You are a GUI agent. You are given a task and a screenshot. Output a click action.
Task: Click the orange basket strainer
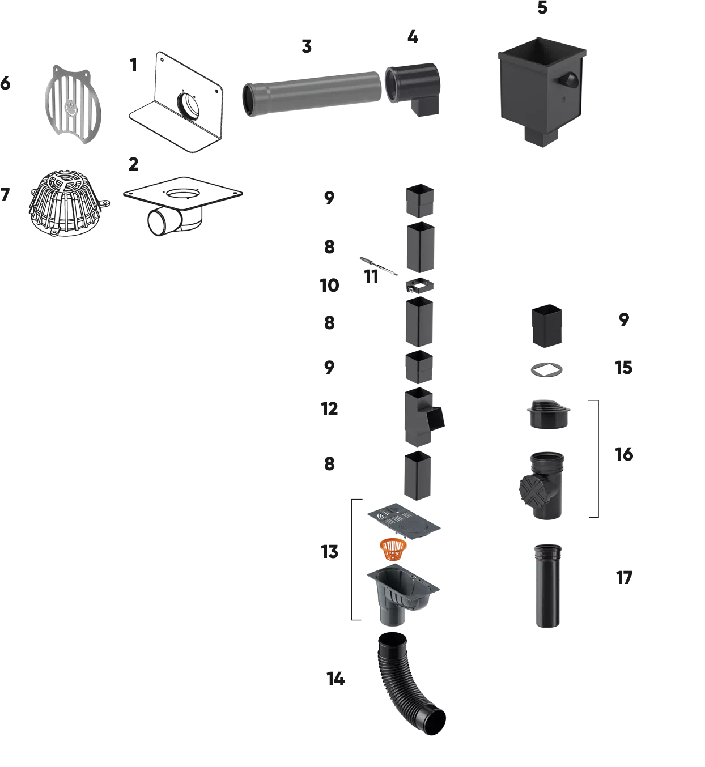coord(393,549)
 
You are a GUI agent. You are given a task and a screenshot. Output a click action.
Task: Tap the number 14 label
coord(335,679)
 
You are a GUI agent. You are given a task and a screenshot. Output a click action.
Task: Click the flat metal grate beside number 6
coord(73,104)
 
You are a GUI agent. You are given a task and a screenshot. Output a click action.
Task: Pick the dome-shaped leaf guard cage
coord(69,203)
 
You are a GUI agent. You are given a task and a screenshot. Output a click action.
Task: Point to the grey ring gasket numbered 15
coord(547,370)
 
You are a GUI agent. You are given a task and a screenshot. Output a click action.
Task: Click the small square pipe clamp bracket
coord(419,286)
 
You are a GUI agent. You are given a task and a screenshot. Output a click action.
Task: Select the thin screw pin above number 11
coord(379,266)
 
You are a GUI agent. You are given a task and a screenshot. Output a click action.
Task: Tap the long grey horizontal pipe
coord(312,93)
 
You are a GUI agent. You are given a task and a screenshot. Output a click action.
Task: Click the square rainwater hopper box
coord(542,92)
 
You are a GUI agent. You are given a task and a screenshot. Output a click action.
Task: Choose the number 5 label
coord(542,7)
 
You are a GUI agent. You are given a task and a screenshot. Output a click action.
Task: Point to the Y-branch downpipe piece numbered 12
coord(423,417)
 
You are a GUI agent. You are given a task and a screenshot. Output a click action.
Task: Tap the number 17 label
coord(624,577)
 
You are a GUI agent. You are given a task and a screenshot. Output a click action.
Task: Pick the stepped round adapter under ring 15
coord(549,414)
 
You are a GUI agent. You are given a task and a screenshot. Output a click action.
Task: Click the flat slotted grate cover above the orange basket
coord(404,521)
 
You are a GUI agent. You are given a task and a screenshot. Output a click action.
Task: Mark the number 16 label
coord(624,454)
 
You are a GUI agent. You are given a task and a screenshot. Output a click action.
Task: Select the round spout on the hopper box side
coord(568,80)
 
